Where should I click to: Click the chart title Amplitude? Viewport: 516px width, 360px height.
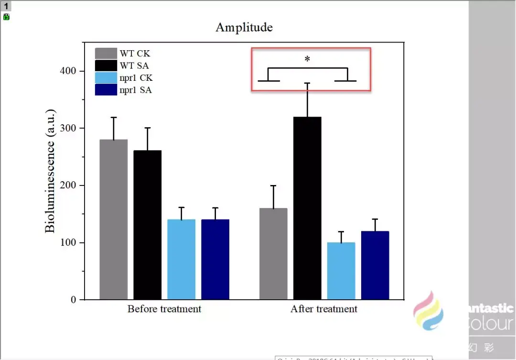point(244,27)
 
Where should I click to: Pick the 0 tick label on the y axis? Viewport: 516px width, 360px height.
point(74,300)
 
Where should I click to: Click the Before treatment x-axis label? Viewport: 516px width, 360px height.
point(164,309)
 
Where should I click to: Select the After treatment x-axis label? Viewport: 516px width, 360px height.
point(324,309)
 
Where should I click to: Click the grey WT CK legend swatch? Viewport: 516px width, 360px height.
point(106,53)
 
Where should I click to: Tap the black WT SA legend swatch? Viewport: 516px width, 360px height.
point(106,65)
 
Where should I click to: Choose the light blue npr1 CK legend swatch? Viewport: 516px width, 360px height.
point(106,77)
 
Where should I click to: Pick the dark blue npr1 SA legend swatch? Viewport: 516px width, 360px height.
point(106,89)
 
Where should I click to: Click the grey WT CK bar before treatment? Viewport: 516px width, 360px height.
point(114,220)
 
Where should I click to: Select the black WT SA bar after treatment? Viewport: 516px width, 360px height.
point(307,208)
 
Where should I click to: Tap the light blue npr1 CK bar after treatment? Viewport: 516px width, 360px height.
point(341,271)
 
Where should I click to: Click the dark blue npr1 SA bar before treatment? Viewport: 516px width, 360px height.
point(215,260)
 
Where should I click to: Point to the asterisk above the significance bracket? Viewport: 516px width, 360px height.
point(307,59)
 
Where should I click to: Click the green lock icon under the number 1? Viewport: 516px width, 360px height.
point(6,17)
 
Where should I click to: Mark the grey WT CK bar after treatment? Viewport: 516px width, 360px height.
point(273,254)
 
